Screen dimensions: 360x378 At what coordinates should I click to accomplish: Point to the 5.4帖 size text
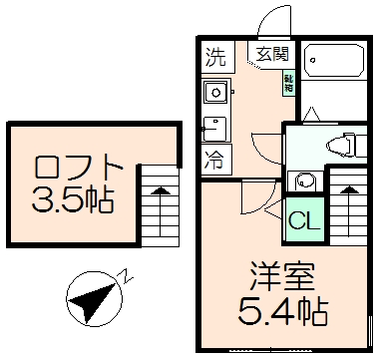coord(281,312)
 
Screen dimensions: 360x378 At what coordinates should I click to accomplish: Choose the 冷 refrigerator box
coord(215,157)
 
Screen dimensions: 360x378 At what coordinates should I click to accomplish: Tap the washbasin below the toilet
coord(303,182)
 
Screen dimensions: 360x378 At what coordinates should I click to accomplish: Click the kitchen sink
coord(215,93)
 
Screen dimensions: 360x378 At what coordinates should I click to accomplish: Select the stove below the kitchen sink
coord(215,129)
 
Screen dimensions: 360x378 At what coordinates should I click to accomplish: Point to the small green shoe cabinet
coord(288,83)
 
